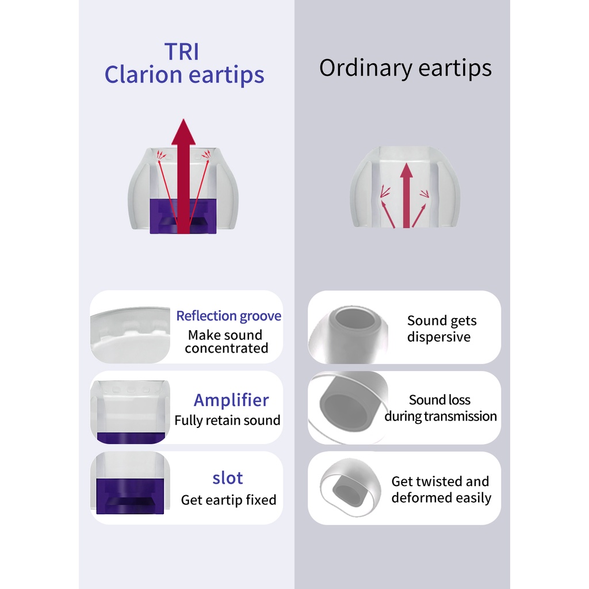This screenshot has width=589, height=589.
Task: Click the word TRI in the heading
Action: point(182,51)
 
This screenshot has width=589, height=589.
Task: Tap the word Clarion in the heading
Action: point(143,74)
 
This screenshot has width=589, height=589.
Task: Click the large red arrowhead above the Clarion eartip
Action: point(183,132)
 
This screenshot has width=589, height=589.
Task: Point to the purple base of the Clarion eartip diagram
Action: point(183,216)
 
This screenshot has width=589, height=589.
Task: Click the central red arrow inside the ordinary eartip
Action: point(406,196)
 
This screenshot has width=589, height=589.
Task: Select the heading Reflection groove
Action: point(229,316)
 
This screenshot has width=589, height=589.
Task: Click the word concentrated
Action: point(227,348)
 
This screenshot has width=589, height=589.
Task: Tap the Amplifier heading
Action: point(231,400)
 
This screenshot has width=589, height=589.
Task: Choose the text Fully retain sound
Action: point(227,420)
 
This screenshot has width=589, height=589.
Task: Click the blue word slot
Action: point(228,478)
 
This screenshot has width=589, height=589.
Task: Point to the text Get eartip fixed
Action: point(228,500)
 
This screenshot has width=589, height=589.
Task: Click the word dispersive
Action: point(439,337)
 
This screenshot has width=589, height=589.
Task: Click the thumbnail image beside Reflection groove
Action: point(130,335)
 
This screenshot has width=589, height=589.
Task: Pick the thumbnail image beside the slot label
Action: point(130,483)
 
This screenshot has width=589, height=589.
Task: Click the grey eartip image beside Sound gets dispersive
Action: point(348,335)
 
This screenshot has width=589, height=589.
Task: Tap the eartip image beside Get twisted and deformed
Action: point(350,487)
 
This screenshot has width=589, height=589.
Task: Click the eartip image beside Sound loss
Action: point(348,408)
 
